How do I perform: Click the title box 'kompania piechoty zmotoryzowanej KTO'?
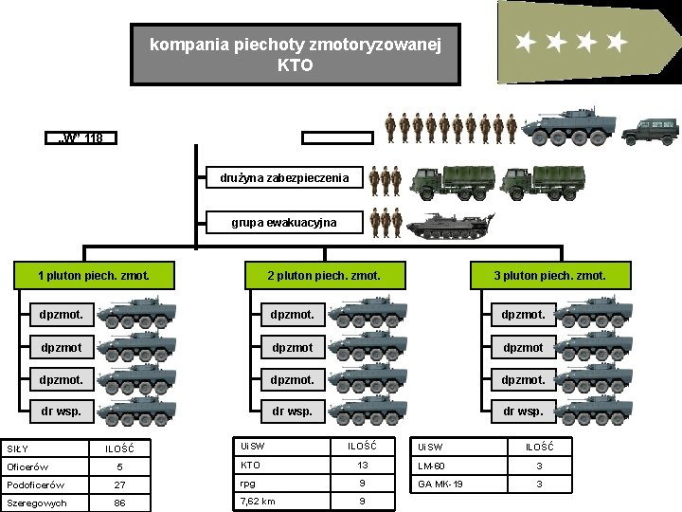295,55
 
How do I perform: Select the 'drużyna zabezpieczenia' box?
284,177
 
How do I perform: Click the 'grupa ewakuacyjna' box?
284,223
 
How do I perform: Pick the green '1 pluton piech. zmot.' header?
93,276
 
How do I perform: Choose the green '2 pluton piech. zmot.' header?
323,276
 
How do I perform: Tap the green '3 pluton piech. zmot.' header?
549,276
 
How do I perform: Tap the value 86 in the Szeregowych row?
119,503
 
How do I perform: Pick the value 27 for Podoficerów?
119,485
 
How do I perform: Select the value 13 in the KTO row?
362,465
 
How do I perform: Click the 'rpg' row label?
248,483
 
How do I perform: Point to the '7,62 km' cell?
258,501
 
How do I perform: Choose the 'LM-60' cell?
431,466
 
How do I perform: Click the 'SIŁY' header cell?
18,448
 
